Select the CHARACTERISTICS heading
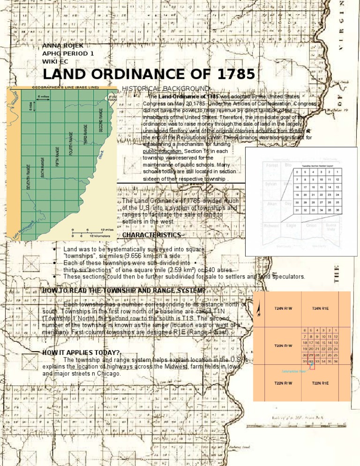coord(151,234)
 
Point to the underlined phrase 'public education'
coord(163,151)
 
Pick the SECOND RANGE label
coord(101,120)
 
